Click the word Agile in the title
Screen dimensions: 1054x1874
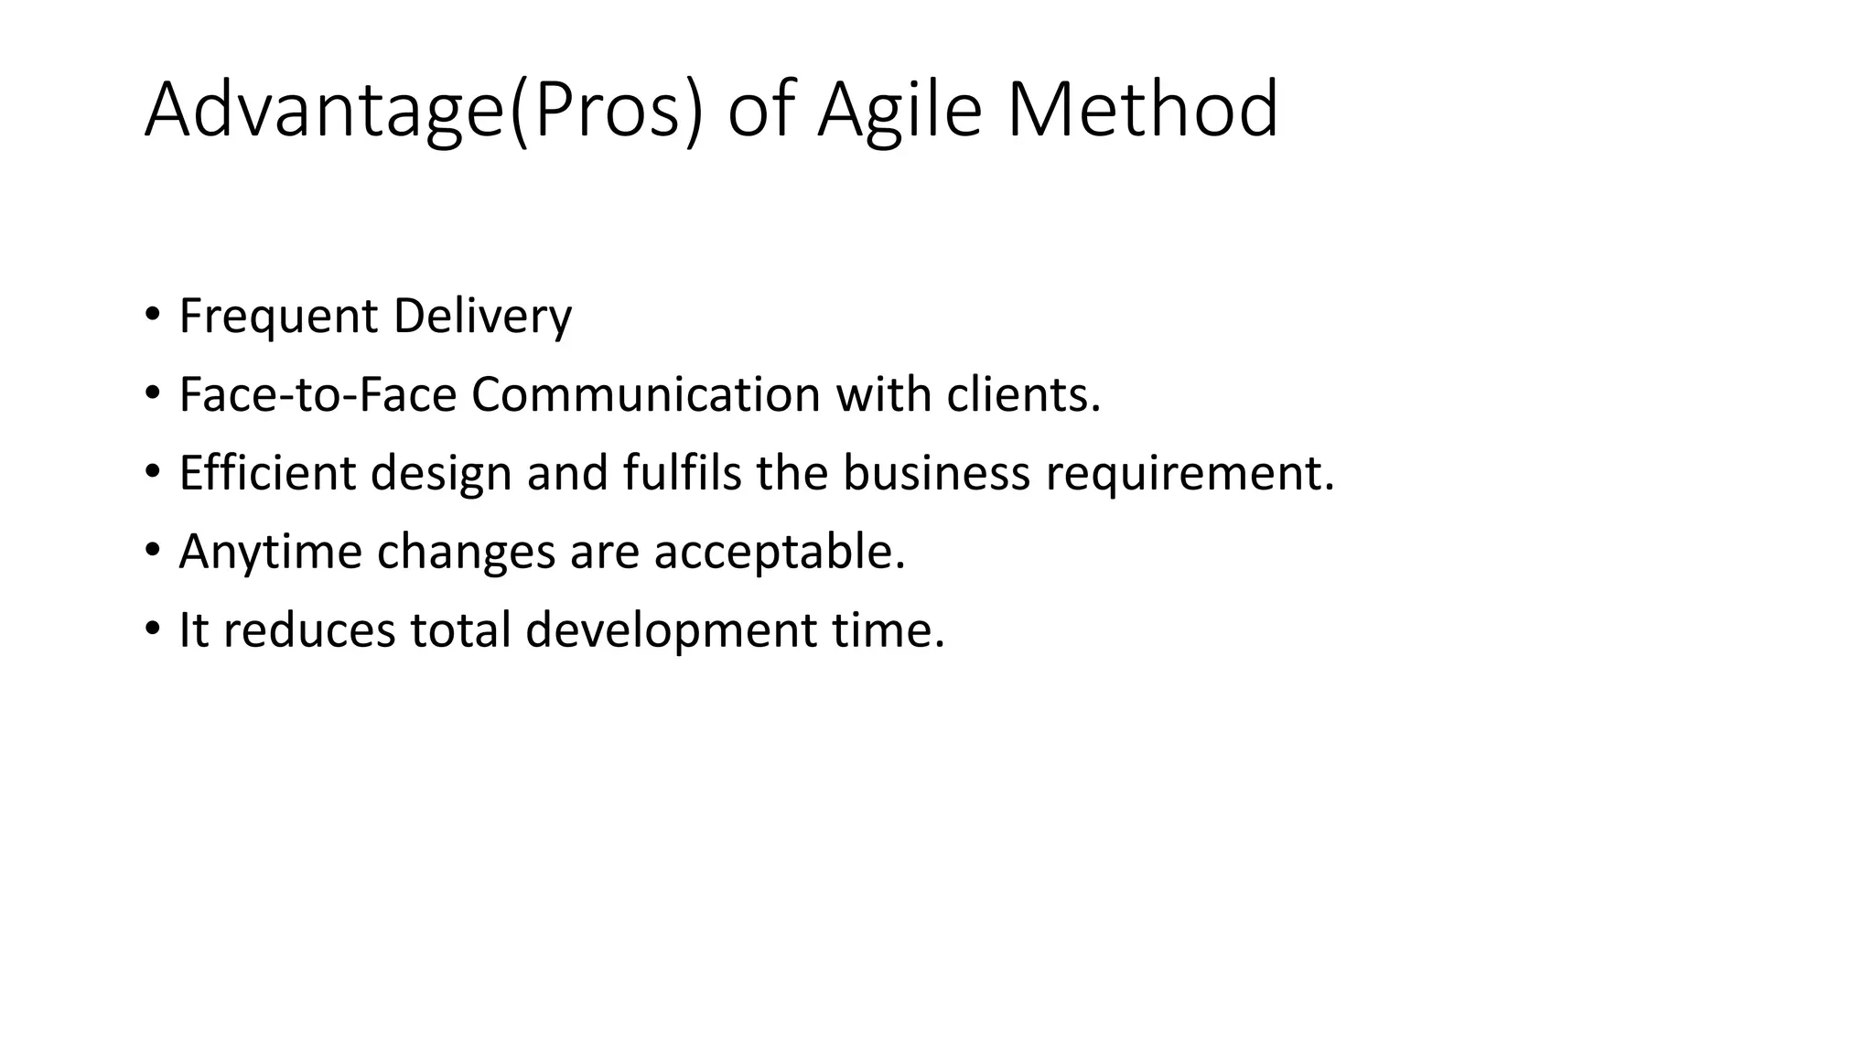(899, 111)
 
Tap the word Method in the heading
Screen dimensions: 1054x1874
(1142, 111)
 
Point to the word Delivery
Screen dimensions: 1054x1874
(482, 317)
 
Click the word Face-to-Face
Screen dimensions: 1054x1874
(317, 395)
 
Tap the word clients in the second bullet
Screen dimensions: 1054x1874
(1018, 395)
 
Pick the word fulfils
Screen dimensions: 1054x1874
(682, 474)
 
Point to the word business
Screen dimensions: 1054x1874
(936, 474)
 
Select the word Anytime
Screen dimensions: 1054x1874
(270, 553)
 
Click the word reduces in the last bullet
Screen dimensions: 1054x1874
(309, 631)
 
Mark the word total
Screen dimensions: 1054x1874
(459, 631)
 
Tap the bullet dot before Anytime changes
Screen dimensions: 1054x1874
(152, 552)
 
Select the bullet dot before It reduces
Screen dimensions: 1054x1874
(152, 630)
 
